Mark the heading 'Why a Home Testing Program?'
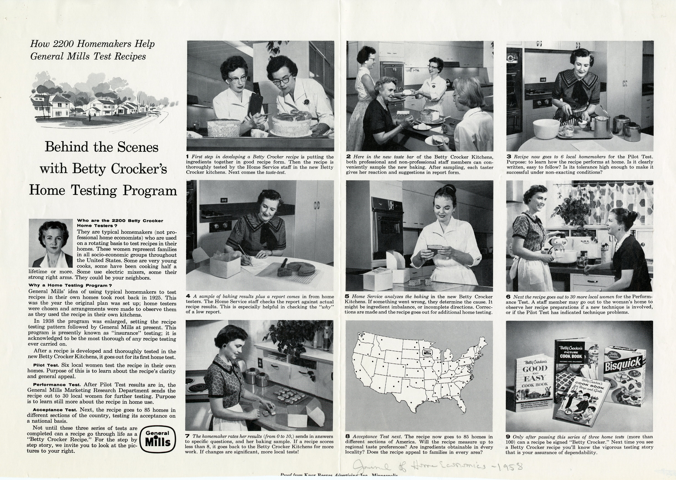click(70, 285)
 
